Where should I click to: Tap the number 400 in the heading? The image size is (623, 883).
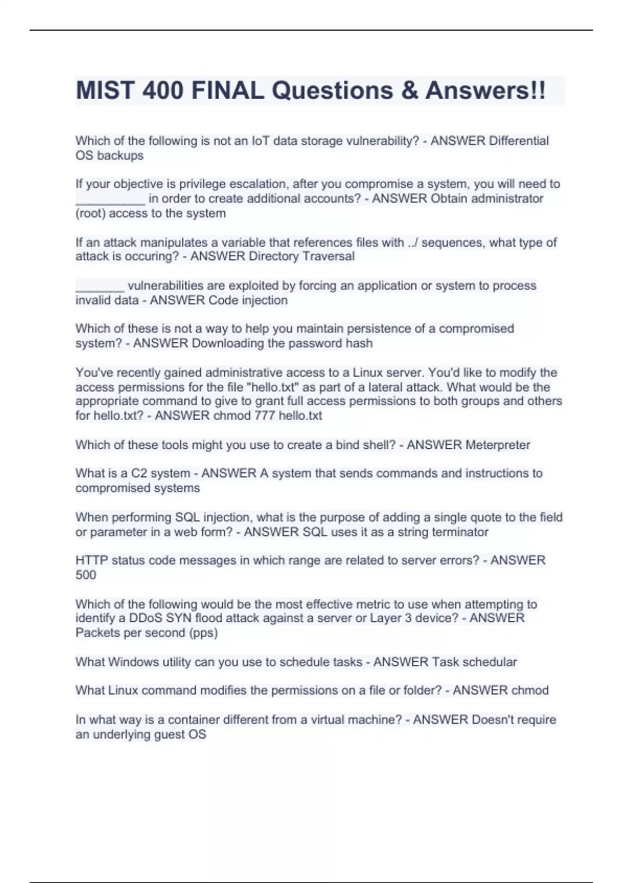162,90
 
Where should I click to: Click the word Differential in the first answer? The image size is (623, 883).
519,141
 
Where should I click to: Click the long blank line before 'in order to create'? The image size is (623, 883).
110,199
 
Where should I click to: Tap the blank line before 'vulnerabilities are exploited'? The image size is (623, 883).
100,287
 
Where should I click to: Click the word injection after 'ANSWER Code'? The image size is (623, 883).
263,300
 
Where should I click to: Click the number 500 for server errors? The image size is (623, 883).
86,575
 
